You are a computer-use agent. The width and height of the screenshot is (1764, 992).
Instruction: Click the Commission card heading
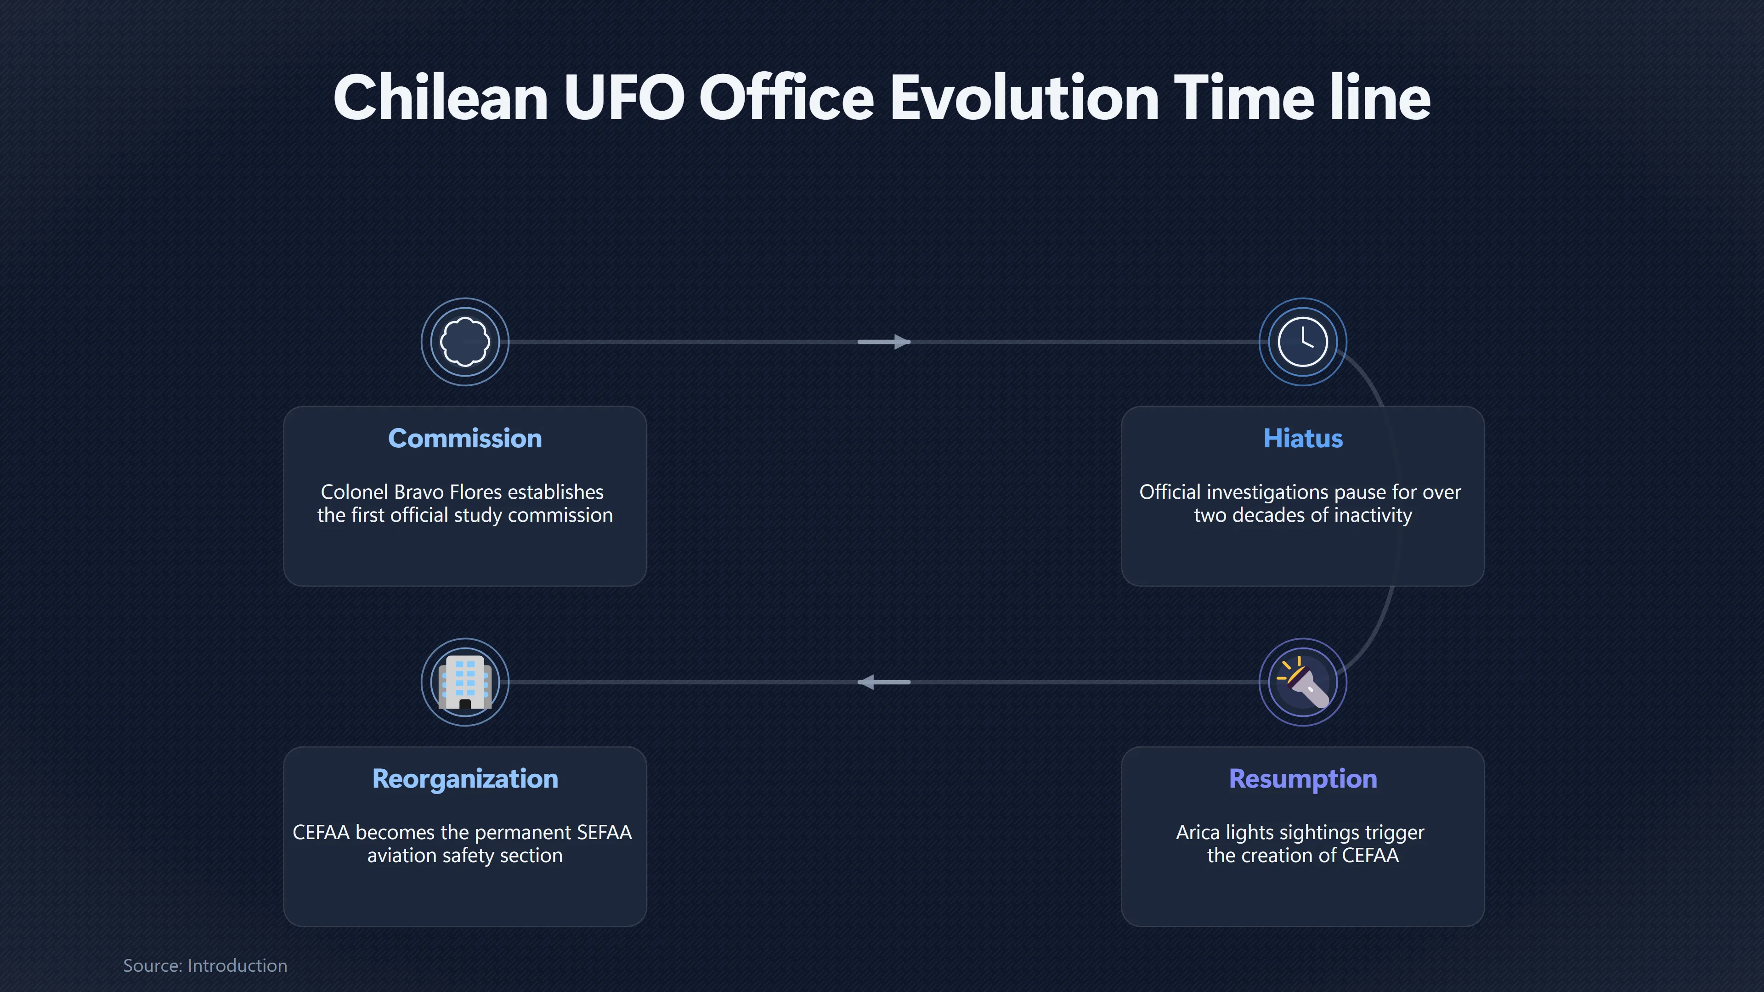point(465,438)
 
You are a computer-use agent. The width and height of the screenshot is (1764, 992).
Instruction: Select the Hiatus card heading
point(1303,438)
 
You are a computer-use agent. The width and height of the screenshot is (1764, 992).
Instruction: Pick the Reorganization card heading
point(465,779)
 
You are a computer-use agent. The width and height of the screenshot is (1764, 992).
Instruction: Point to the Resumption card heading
point(1303,779)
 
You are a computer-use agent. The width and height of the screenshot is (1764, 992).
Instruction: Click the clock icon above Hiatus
point(1303,342)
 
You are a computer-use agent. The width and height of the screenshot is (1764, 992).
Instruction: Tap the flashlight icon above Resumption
point(1303,682)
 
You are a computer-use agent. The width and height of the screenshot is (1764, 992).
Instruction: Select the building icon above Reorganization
point(465,682)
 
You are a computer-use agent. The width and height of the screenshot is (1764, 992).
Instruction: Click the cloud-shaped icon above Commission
point(465,342)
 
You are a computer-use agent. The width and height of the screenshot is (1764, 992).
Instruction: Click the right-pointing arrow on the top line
point(884,342)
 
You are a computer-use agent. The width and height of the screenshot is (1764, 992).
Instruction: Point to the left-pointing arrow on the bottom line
point(884,682)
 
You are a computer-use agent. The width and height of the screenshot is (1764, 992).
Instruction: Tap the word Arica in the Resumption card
point(1198,833)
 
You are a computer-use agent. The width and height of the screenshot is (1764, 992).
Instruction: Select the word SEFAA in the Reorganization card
point(604,833)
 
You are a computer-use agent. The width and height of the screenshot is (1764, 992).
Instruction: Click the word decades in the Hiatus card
point(1270,515)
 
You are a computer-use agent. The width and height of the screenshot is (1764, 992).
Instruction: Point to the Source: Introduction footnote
point(205,965)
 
